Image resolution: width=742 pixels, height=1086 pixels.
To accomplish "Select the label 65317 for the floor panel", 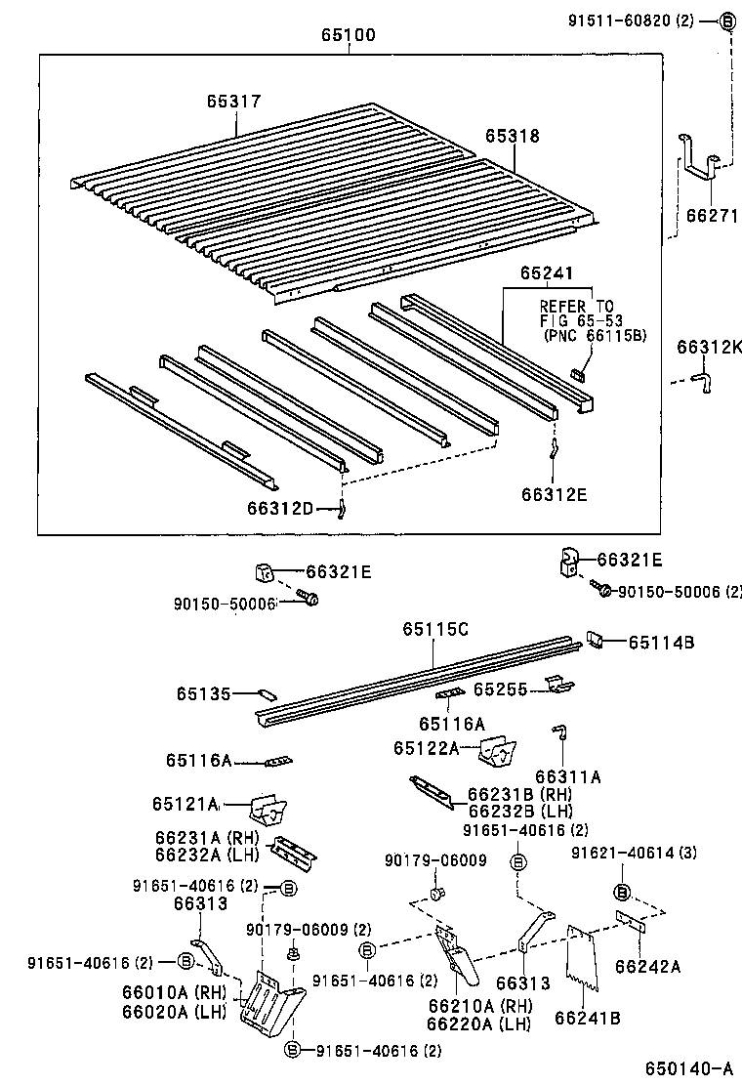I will [x=233, y=101].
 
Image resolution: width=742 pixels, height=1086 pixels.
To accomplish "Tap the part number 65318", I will [x=513, y=137].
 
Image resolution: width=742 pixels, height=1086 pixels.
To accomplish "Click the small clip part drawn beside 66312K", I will [x=701, y=379].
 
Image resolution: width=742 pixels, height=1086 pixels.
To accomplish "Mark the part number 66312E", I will [x=554, y=494].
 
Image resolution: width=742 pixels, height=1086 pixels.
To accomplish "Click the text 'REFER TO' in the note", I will [x=577, y=306].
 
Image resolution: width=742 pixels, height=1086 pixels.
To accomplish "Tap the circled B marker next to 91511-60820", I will [x=727, y=21].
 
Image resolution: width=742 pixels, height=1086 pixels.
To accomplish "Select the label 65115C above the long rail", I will [x=434, y=629].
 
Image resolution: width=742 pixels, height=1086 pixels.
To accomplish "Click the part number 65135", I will [x=204, y=693].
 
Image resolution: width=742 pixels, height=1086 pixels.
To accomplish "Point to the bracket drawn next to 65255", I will [x=557, y=687].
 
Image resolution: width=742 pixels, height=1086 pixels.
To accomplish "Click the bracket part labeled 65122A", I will [x=497, y=751].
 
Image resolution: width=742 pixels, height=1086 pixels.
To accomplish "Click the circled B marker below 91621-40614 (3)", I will [x=621, y=891].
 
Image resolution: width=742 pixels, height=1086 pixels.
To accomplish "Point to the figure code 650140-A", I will [x=688, y=1067].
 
